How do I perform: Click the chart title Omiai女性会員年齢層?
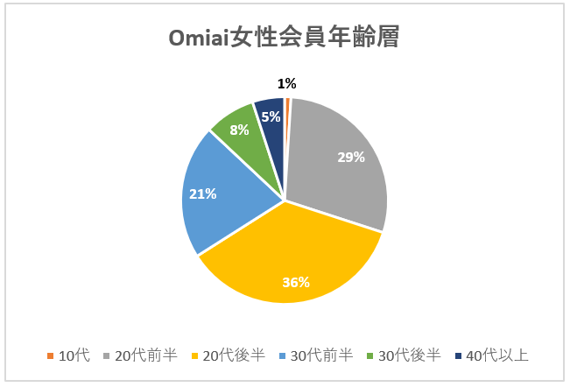point(285,39)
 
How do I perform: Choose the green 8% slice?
point(245,140)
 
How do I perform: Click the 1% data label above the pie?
point(287,84)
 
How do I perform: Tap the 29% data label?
point(351,158)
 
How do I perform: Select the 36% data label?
point(296,282)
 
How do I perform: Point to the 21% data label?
point(203,193)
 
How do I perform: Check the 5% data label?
point(271,116)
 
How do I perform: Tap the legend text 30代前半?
point(324,355)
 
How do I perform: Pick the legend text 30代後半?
point(412,355)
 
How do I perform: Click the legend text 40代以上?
point(499,355)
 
